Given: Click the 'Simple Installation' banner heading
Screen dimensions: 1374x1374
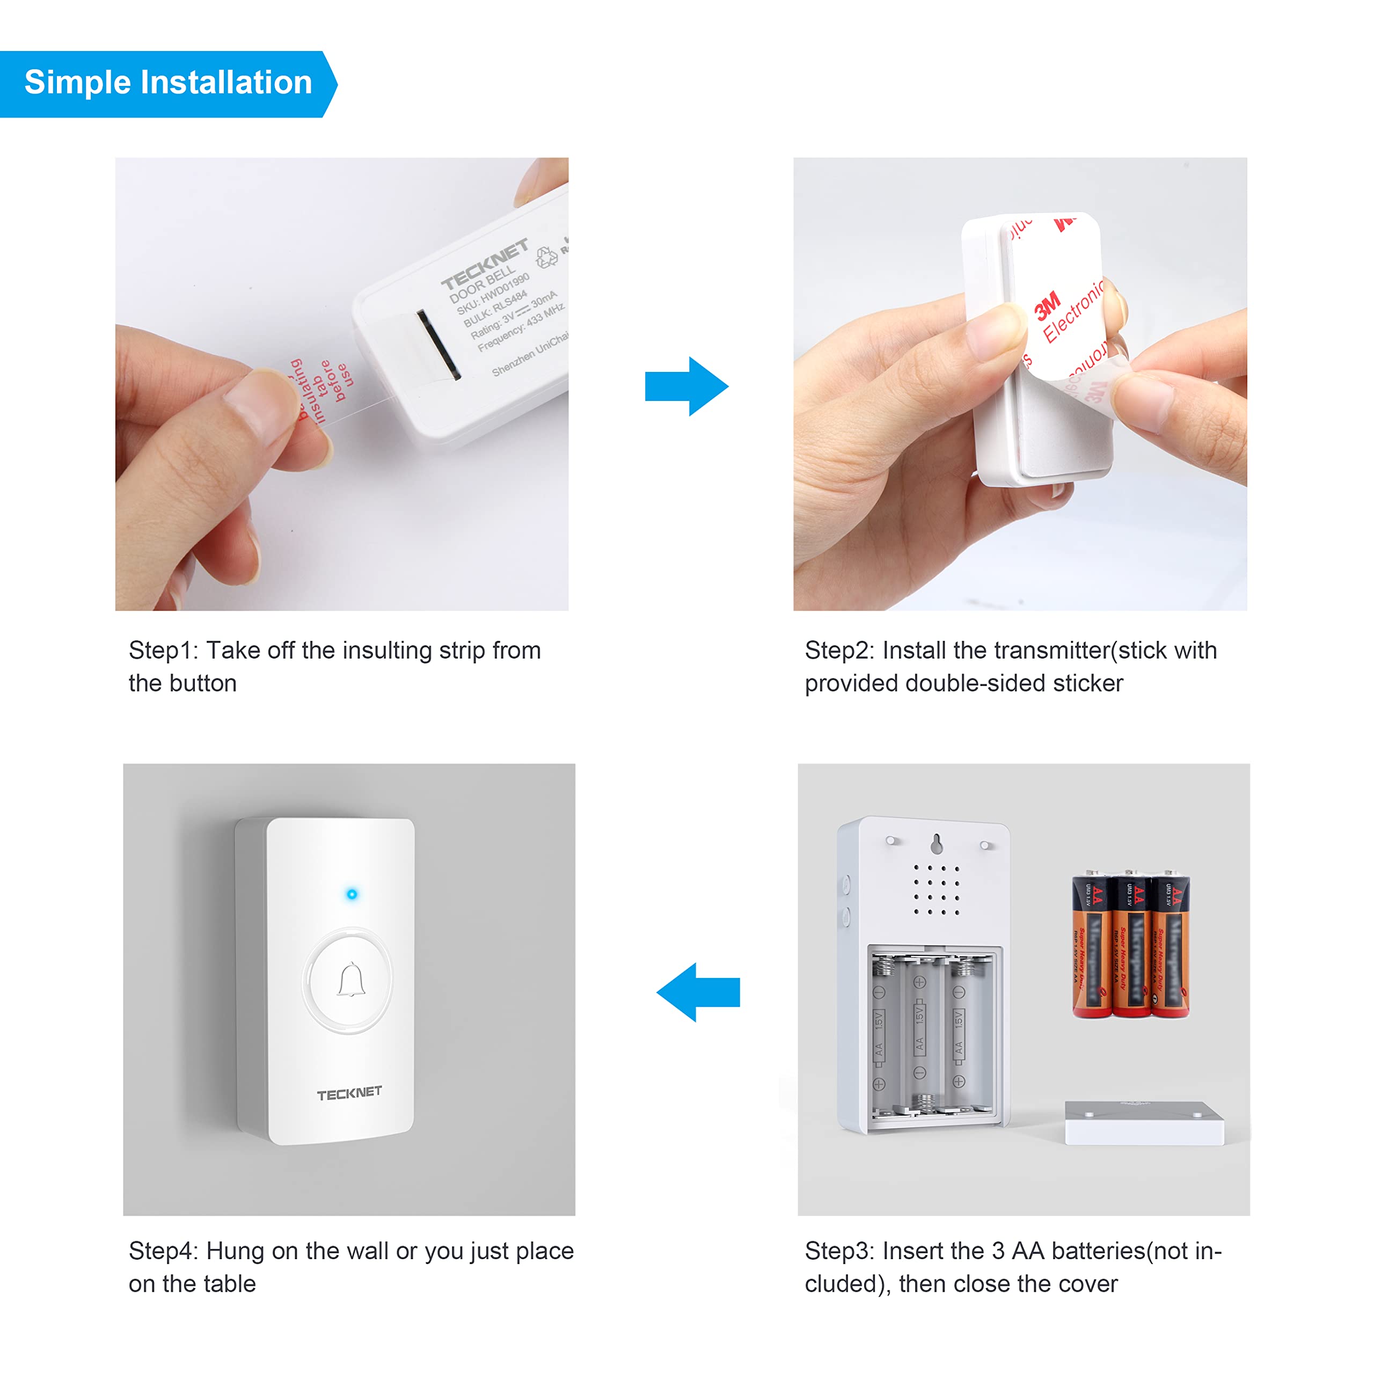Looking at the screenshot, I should click(x=168, y=83).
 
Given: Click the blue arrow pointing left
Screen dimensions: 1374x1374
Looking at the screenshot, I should click(x=698, y=992).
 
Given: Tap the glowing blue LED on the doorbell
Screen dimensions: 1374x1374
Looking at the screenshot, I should click(x=352, y=894).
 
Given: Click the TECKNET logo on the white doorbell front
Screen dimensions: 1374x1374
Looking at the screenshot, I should click(x=349, y=1093).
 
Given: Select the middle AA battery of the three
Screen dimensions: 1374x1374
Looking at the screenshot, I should click(x=1130, y=946).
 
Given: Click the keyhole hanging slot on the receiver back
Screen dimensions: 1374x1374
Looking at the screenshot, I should click(x=937, y=844).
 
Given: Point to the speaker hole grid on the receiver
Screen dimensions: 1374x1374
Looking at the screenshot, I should click(x=937, y=889).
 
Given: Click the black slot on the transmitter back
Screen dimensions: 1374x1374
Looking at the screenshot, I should click(x=438, y=344).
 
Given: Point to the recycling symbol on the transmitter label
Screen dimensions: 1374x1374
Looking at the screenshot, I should click(x=546, y=258).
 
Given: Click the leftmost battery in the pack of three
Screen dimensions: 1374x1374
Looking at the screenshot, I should click(x=1091, y=946).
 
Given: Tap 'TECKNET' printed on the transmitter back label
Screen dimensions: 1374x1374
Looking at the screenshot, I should click(x=484, y=264).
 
